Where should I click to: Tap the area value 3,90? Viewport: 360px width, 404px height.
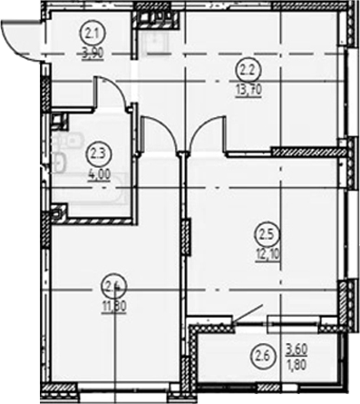coord(92,54)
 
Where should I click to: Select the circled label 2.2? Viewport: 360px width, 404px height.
coord(246,66)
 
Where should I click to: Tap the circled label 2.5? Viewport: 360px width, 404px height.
coord(262,229)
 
